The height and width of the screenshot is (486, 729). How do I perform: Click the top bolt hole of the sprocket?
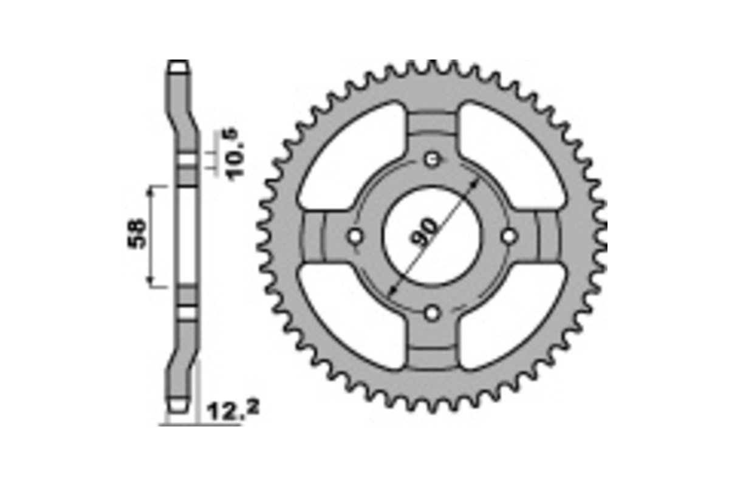point(432,160)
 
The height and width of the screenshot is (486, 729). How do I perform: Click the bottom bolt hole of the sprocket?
point(432,313)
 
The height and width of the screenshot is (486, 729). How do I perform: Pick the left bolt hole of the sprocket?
point(355,236)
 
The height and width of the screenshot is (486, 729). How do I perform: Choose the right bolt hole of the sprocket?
point(509,236)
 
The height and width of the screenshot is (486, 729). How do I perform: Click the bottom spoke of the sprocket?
point(432,346)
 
